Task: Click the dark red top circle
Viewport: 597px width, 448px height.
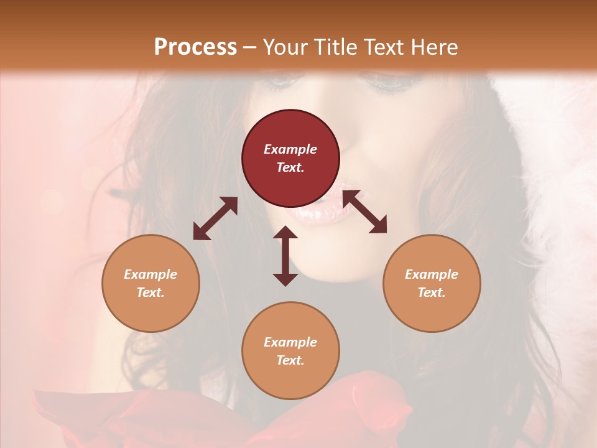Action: click(x=290, y=158)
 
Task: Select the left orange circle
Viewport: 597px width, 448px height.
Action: click(x=150, y=283)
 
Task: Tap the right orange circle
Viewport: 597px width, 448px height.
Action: click(x=432, y=283)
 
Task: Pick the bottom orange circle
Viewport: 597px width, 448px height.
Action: click(x=290, y=351)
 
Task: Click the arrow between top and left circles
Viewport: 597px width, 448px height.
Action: click(x=215, y=218)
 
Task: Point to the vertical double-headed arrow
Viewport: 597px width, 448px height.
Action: click(x=285, y=256)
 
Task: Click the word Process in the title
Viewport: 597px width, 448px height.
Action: click(x=195, y=47)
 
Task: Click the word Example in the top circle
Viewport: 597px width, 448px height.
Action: click(x=290, y=149)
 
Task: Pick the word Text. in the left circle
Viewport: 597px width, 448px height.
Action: click(x=150, y=292)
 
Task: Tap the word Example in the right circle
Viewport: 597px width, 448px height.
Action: click(x=432, y=274)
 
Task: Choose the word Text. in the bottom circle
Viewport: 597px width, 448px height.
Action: click(x=290, y=360)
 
